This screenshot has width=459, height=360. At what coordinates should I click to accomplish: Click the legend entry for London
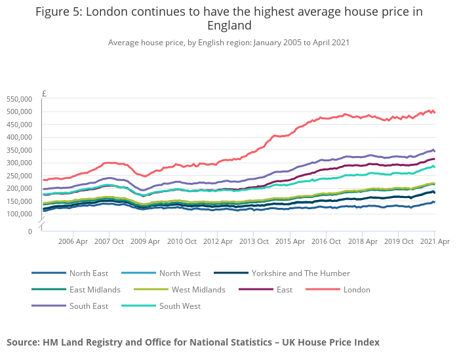357,289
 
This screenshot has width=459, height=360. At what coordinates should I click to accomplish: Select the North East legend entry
89,273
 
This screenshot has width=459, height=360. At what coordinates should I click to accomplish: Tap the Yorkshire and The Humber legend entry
300,273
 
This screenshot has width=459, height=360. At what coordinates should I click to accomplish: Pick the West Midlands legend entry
198,289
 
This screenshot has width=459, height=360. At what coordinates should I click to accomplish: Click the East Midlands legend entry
94,289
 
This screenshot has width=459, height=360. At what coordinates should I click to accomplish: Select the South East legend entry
89,306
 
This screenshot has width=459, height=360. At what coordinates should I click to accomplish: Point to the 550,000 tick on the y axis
18,99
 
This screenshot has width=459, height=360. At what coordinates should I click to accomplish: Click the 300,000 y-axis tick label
18,163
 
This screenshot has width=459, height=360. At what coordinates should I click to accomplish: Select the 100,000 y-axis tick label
18,214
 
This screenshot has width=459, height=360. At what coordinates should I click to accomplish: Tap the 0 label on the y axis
29,231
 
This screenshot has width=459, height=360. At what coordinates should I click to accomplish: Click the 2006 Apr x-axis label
73,241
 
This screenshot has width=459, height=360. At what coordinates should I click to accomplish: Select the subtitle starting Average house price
229,42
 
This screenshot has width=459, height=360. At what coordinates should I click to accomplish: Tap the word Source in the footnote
22,342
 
